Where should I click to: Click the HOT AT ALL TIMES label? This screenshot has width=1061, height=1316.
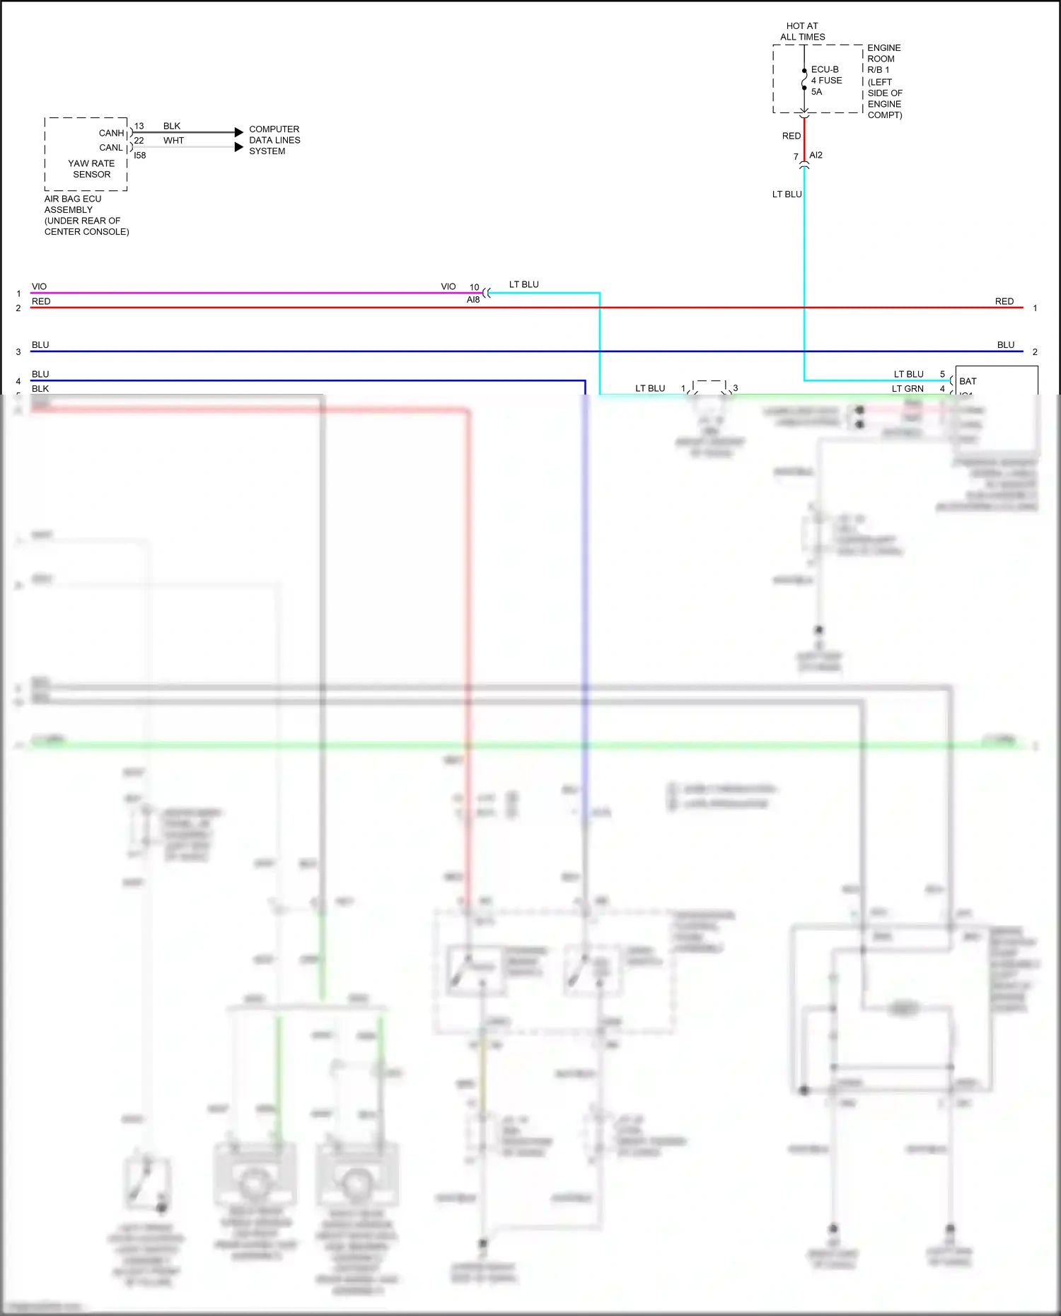click(x=802, y=31)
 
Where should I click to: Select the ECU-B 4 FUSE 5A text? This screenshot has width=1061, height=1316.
click(x=825, y=81)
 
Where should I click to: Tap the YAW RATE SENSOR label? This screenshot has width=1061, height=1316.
click(x=91, y=169)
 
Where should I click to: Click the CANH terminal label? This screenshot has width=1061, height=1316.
click(x=111, y=133)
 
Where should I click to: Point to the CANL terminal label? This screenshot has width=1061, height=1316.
click(x=111, y=148)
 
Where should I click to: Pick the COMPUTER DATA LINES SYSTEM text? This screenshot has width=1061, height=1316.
click(x=274, y=140)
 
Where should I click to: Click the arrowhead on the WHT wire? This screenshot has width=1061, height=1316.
click(x=239, y=147)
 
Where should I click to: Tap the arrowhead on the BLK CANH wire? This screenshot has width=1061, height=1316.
click(x=239, y=132)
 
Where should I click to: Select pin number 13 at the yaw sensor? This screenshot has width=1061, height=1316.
click(x=139, y=126)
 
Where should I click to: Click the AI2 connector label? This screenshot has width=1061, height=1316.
click(x=816, y=155)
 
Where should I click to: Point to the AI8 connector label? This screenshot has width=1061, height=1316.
click(x=473, y=300)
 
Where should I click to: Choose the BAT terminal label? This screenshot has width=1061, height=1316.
click(x=968, y=381)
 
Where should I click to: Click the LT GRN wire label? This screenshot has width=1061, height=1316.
click(x=908, y=389)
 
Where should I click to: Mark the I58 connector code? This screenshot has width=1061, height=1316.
click(x=140, y=156)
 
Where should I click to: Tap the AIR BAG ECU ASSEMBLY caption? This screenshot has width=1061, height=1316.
click(x=86, y=215)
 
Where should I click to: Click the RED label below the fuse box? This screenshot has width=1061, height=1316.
click(x=792, y=136)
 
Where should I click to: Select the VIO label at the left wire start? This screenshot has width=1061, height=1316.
click(x=39, y=286)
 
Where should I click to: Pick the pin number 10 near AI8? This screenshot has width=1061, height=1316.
click(x=474, y=287)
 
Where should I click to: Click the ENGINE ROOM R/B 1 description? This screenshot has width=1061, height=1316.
click(x=884, y=81)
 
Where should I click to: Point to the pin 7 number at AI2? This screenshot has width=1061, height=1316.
click(x=796, y=157)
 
